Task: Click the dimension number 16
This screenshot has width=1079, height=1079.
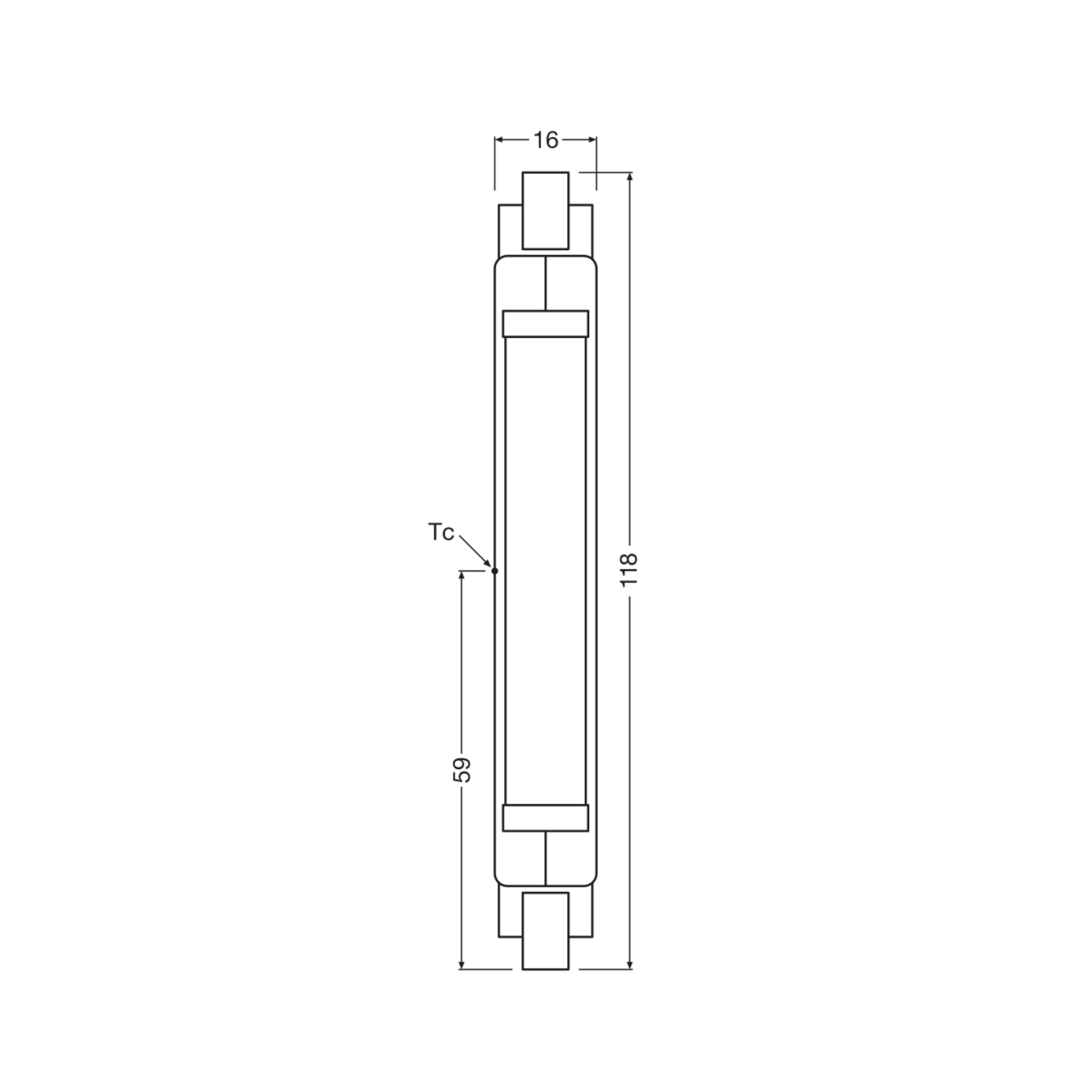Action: click(546, 140)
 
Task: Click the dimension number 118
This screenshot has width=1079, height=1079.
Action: click(629, 570)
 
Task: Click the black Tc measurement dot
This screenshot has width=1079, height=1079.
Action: click(494, 571)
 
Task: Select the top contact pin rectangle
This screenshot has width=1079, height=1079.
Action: click(545, 210)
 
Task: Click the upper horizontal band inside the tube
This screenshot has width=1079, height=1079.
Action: click(545, 324)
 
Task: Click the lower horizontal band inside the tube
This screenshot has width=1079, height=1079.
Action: click(545, 818)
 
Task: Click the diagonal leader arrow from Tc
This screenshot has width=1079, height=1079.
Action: click(475, 551)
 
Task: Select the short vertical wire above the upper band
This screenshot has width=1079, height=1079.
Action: click(546, 283)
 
